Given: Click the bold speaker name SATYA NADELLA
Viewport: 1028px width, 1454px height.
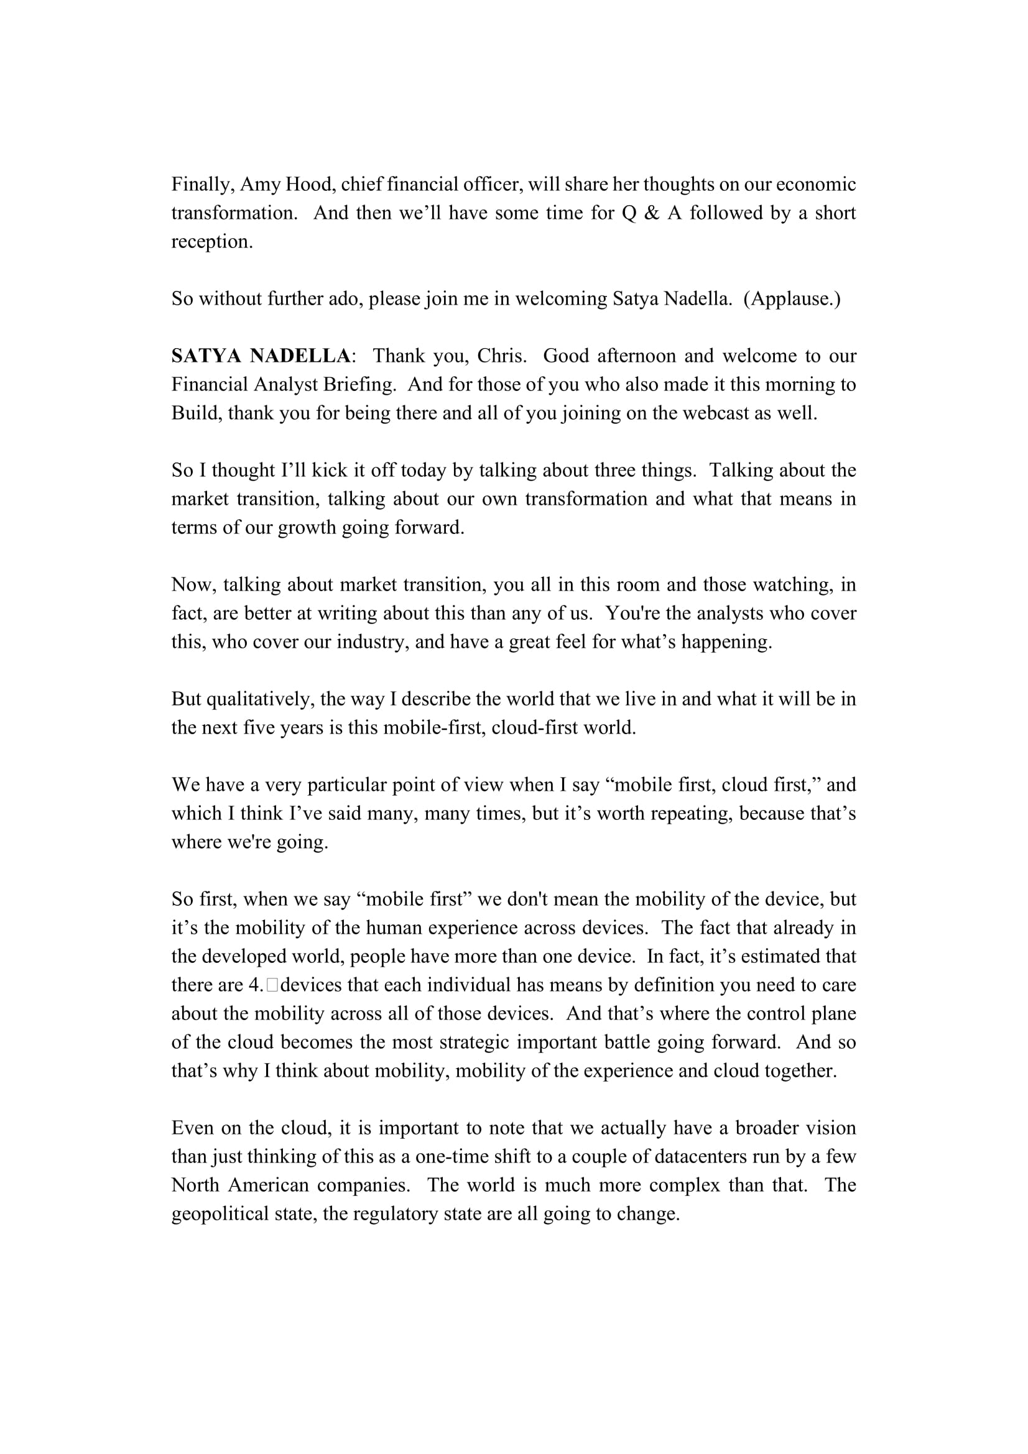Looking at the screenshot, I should pos(261,356).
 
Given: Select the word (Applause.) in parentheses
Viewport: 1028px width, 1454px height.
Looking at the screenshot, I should pos(792,299).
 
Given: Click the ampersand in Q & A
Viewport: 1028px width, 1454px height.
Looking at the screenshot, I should pos(651,213).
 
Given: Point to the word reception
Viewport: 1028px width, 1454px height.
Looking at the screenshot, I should pos(211,242).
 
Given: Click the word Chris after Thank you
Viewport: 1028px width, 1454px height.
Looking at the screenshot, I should pos(501,356).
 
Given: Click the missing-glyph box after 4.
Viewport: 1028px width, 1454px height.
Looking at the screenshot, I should pos(272,985).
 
